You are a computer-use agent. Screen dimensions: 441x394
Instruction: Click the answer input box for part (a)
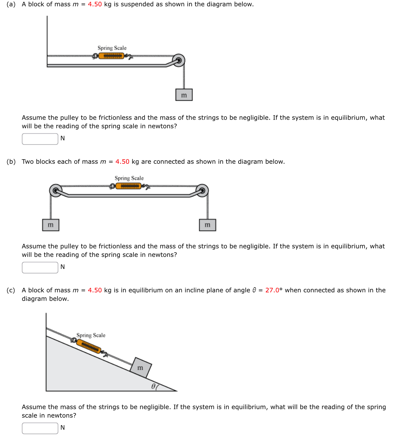pos(40,139)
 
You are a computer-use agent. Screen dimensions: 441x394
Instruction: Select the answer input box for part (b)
pos(40,267)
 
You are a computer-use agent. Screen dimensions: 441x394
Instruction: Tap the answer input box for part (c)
pos(40,428)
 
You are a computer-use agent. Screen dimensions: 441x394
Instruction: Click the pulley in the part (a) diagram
pos(179,60)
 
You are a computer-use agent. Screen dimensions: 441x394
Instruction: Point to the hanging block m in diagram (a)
pos(184,95)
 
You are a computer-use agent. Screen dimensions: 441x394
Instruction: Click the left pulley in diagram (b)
pos(56,191)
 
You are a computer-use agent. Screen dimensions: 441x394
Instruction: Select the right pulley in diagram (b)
pos(203,191)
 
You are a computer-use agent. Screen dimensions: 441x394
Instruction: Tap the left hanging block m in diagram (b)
pos(51,225)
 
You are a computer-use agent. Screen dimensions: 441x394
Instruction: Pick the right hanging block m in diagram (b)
pos(208,225)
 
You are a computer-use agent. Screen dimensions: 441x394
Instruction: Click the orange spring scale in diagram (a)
pos(111,56)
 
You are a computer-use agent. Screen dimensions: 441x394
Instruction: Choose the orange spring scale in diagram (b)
pos(128,186)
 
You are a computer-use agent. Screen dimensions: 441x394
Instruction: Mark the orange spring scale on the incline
pos(89,346)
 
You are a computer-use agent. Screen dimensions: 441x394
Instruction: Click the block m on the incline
pos(141,367)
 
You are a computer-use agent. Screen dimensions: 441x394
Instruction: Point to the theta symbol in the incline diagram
pos(153,386)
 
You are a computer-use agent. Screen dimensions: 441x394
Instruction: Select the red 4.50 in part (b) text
pos(122,161)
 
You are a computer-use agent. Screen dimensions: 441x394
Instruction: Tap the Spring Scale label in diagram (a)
pos(112,48)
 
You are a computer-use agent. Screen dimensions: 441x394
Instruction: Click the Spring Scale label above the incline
pos(91,335)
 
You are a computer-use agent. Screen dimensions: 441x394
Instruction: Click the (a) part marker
pos(11,4)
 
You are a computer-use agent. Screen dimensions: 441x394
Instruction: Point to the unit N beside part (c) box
pos(62,428)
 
